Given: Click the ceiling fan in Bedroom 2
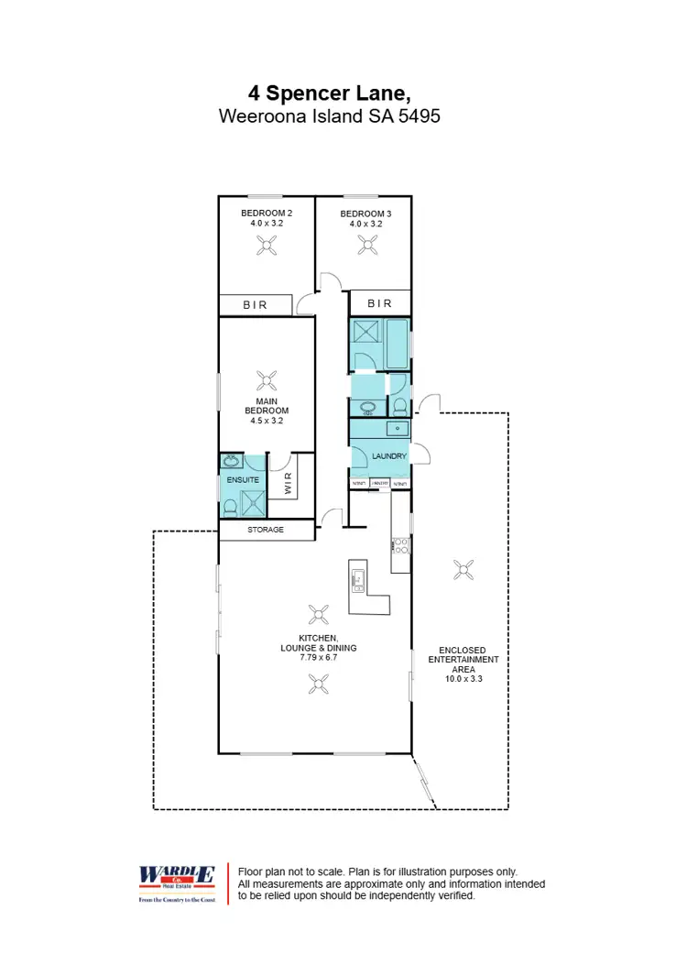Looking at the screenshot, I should coord(267,244).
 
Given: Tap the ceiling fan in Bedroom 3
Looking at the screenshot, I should coord(367,244).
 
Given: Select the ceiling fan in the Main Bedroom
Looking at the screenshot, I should coord(267,381).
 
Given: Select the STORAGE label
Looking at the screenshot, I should coord(266,530).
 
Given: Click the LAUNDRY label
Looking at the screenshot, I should coord(388,455).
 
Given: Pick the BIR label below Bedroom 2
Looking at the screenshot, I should coord(256,305).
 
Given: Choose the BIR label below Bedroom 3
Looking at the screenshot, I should coord(379,303).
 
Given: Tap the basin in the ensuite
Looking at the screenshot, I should coord(231,461).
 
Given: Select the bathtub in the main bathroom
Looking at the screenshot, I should coord(397,344).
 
